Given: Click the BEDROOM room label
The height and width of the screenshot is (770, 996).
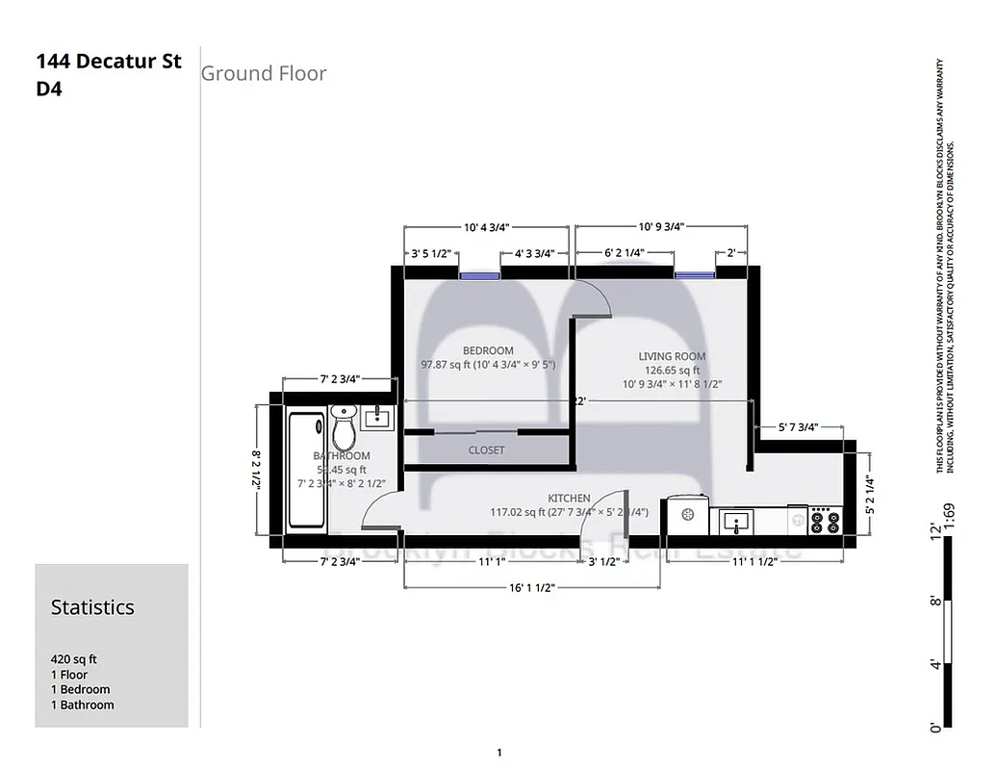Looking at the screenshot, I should click(x=488, y=350).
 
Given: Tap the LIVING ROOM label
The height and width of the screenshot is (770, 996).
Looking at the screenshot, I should click(x=672, y=356).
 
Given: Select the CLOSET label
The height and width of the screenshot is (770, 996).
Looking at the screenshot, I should click(x=486, y=450).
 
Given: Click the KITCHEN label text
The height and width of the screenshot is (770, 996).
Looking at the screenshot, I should click(x=569, y=498).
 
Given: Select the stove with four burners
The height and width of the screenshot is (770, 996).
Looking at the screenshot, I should click(x=825, y=521).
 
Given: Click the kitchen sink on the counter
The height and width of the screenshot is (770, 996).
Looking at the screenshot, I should click(x=739, y=523).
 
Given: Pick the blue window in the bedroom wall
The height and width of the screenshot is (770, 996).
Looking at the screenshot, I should click(x=479, y=274).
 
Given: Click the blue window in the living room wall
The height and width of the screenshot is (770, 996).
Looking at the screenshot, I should click(x=693, y=274).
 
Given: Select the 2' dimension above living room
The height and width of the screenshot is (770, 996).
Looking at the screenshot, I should click(x=731, y=253).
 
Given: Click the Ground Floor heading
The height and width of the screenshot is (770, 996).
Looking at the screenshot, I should click(x=264, y=73).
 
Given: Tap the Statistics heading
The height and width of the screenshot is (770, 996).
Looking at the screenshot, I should click(x=92, y=607).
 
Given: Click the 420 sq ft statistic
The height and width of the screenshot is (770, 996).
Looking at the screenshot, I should click(x=74, y=660).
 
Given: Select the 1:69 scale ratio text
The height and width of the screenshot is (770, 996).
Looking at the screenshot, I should click(x=950, y=517).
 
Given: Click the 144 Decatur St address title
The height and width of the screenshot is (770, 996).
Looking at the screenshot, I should click(x=109, y=63).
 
